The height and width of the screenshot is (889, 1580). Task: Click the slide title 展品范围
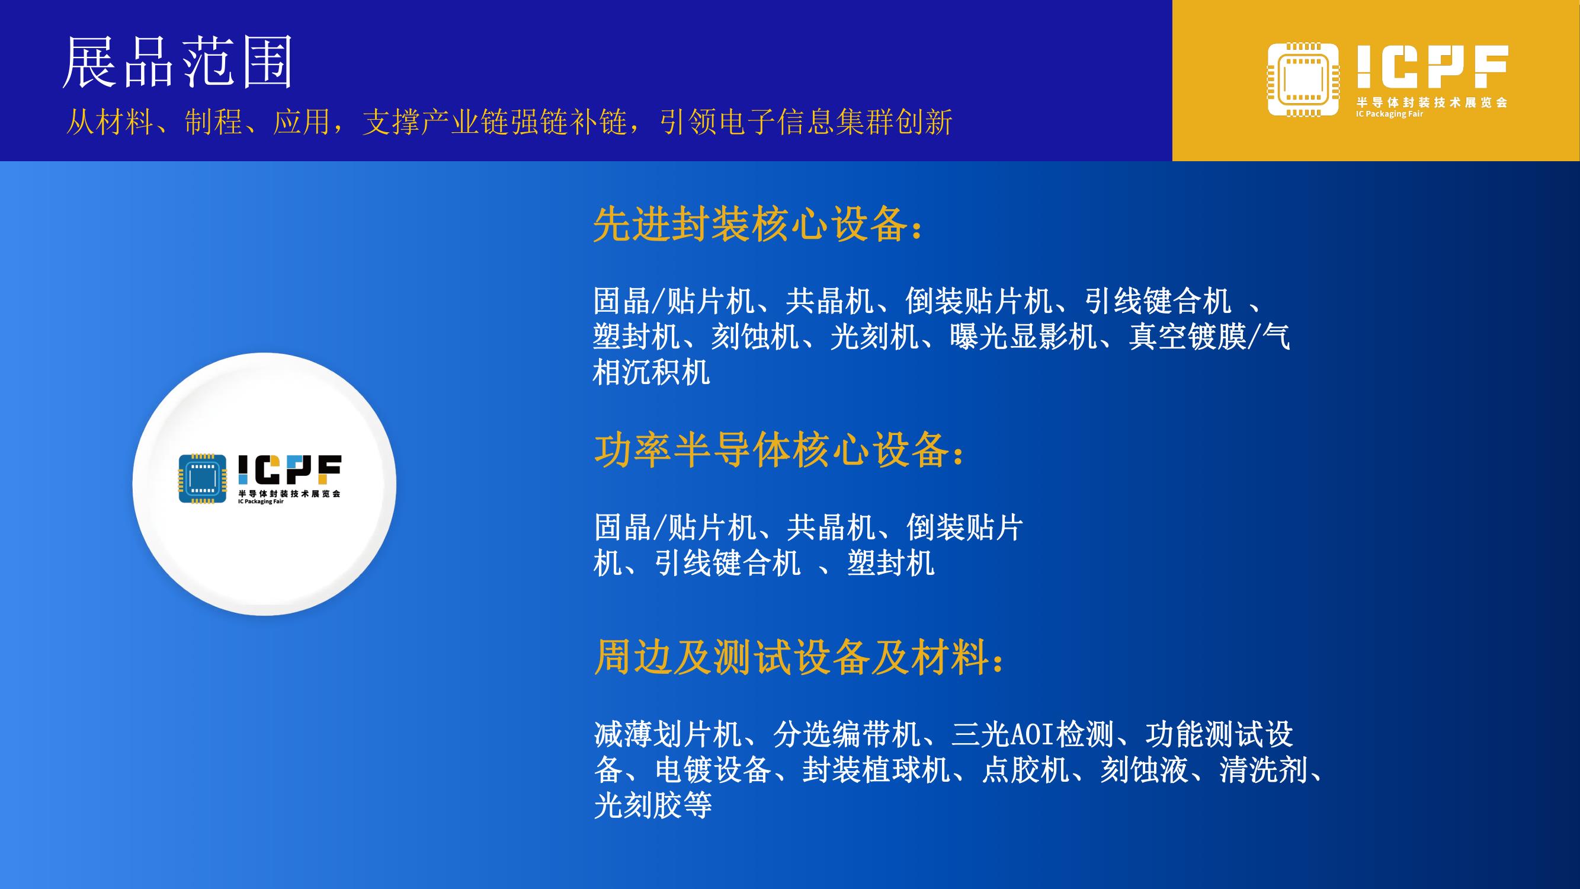click(178, 63)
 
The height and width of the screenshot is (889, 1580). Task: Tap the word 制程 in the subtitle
click(213, 121)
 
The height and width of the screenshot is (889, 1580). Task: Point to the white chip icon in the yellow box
click(1303, 79)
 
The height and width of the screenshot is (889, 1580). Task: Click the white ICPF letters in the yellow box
click(1432, 66)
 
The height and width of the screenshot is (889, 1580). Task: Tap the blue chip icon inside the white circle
click(203, 478)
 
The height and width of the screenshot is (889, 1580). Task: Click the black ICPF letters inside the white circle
click(289, 469)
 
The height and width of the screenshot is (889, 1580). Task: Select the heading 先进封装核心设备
click(751, 224)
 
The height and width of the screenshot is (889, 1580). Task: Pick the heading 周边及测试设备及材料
click(791, 657)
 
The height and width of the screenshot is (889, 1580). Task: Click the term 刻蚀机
click(755, 336)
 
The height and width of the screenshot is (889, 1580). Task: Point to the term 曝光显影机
click(1024, 336)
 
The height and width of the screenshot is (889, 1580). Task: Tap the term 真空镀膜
click(1187, 336)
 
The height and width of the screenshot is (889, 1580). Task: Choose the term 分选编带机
click(847, 734)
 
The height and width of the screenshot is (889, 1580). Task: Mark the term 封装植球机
click(876, 769)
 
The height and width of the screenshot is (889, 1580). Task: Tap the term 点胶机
click(1025, 769)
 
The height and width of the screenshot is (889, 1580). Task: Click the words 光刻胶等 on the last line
click(653, 805)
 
